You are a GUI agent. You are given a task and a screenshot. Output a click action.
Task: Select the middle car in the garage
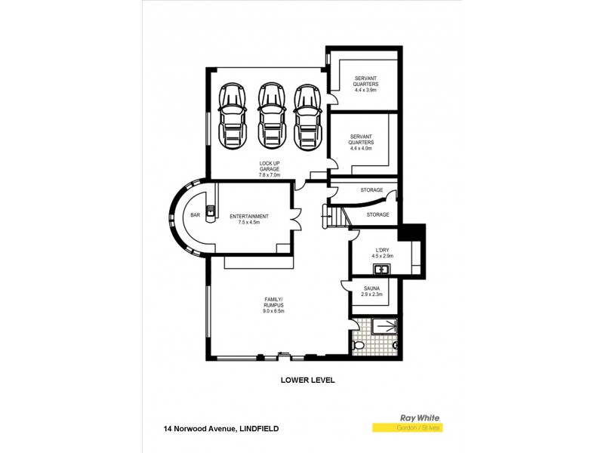270,116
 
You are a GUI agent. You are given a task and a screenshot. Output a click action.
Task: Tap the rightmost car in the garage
307,116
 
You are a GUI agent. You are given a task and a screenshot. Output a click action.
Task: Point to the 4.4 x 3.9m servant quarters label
365,86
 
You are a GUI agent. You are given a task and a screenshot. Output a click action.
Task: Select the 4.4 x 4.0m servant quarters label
362,144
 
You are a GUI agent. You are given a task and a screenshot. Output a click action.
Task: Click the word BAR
195,215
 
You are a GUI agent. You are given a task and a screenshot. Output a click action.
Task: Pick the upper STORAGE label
371,190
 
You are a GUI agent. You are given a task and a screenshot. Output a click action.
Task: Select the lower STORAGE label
377,214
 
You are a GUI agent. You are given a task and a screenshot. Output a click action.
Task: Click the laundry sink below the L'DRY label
381,268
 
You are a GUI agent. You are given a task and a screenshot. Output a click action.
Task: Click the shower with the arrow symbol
386,327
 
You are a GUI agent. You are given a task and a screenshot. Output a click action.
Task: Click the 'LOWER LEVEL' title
307,381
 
